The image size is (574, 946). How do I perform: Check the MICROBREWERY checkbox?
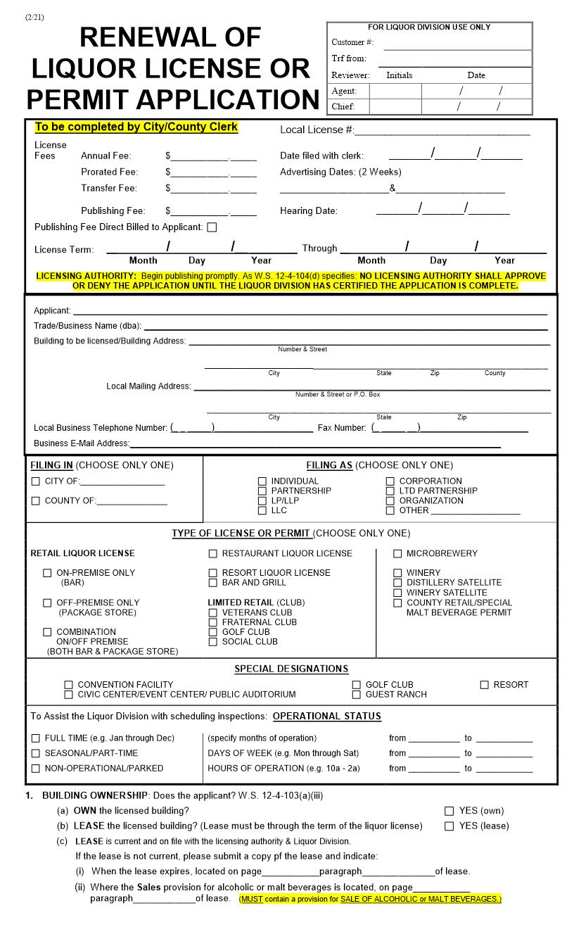pyautogui.click(x=397, y=554)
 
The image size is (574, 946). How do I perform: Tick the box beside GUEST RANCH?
pyautogui.click(x=357, y=695)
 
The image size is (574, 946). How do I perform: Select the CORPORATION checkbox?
pyautogui.click(x=390, y=481)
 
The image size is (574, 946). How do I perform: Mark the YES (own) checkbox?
pyautogui.click(x=449, y=811)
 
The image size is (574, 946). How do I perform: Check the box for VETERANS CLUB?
pyautogui.click(x=213, y=612)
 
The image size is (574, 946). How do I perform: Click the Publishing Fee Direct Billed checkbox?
pyautogui.click(x=212, y=227)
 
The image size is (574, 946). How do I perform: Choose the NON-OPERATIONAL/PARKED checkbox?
pyautogui.click(x=36, y=769)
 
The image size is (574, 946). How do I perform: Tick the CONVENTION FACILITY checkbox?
pyautogui.click(x=69, y=685)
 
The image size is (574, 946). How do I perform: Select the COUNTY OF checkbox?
pyautogui.click(x=36, y=501)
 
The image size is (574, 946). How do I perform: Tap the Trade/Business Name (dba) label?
pyautogui.click(x=87, y=326)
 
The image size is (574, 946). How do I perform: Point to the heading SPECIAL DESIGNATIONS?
pyautogui.click(x=291, y=669)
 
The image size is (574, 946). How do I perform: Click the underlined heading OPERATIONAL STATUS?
pyautogui.click(x=326, y=717)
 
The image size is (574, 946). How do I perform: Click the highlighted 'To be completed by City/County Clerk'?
pyautogui.click(x=136, y=127)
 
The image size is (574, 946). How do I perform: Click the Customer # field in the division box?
pyautogui.click(x=457, y=43)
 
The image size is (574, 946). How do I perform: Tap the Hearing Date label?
pyautogui.click(x=308, y=211)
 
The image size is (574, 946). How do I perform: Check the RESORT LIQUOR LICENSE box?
pyautogui.click(x=213, y=573)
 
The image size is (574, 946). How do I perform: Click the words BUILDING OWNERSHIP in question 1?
pyautogui.click(x=95, y=795)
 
